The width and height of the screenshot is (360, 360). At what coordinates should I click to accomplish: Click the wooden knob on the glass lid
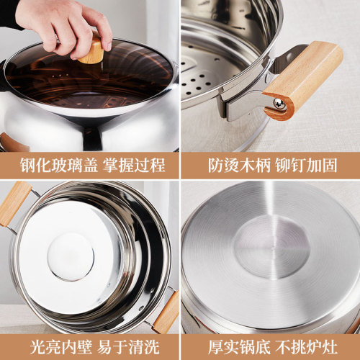(92, 53)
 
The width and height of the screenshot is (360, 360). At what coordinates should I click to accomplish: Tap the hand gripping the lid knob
(61, 25)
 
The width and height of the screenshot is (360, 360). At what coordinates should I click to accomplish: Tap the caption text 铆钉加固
(310, 165)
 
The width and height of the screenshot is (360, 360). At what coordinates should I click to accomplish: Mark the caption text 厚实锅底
(230, 346)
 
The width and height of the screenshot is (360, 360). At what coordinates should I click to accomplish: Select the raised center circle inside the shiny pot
(70, 257)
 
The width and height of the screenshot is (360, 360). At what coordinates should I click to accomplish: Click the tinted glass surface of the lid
(130, 72)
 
